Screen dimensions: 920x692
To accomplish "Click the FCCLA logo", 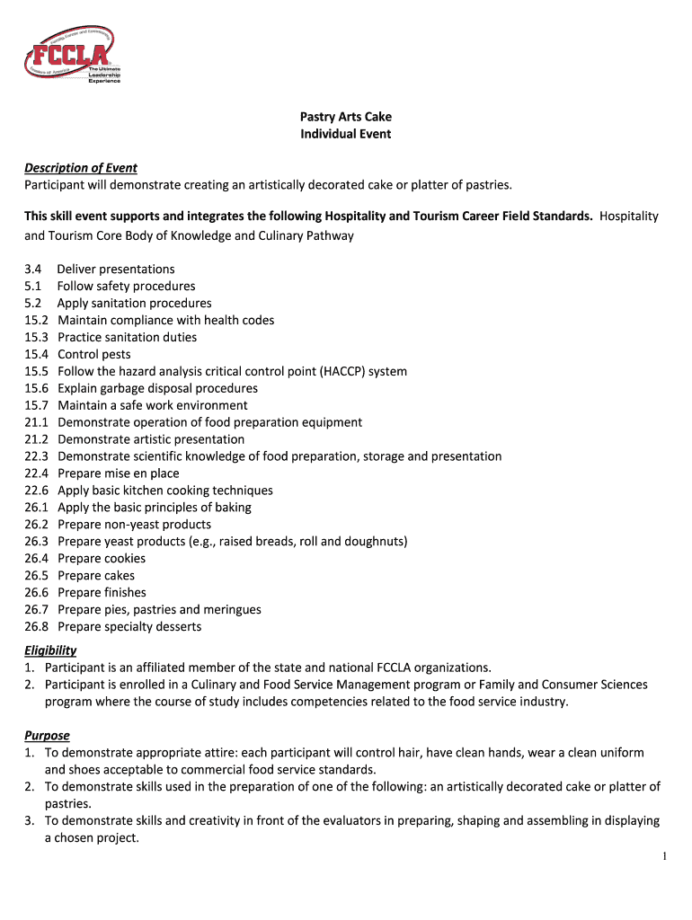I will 73,55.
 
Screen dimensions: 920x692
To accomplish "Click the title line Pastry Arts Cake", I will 346,117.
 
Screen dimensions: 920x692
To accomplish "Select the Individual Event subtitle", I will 346,134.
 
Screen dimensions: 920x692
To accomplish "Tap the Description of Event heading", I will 81,168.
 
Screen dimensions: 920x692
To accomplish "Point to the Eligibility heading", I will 50,650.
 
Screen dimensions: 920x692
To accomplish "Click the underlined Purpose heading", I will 47,736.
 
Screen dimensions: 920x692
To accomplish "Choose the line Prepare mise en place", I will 118,473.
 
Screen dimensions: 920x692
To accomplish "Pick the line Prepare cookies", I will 102,559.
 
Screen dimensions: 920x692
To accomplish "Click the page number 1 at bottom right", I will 664,856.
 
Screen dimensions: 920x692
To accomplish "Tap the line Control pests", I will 93,354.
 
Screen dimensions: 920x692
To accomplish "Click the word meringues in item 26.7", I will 231,610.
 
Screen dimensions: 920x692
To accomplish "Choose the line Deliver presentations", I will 116,270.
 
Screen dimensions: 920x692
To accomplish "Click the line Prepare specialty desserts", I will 129,627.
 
